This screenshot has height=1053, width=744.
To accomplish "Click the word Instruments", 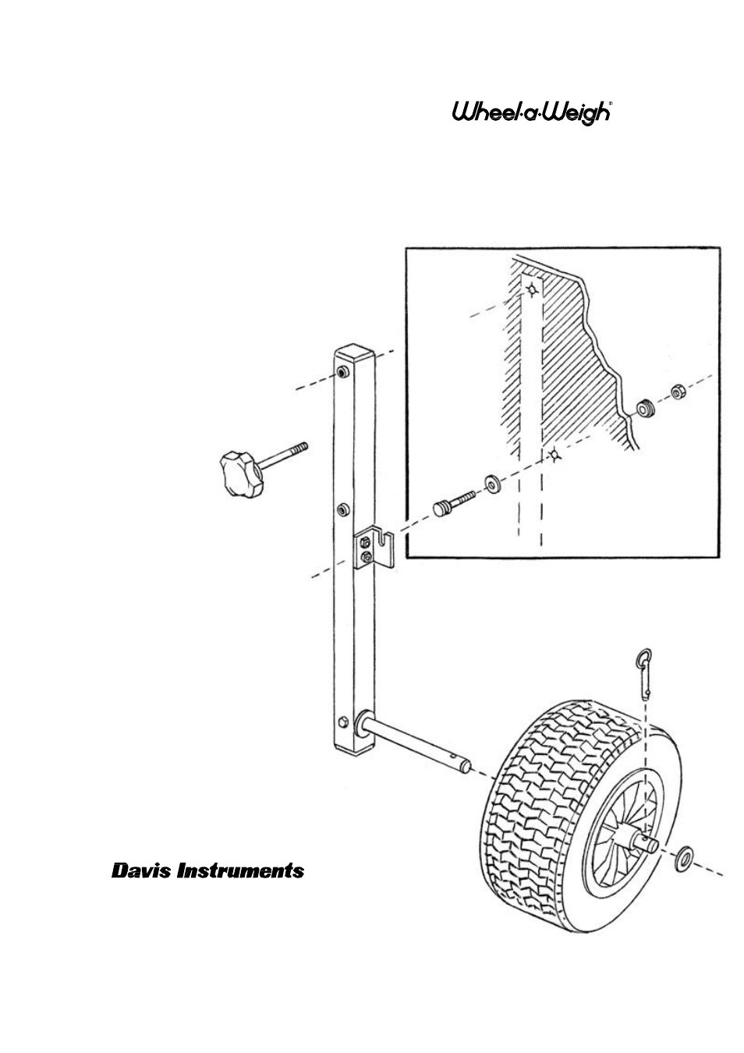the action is click(240, 871).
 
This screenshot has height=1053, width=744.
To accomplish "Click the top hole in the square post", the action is click(342, 373).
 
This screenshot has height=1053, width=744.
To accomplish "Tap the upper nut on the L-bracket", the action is click(365, 544).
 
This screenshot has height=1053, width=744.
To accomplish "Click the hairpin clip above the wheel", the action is click(645, 672).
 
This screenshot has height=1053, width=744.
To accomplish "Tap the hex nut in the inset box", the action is click(677, 391).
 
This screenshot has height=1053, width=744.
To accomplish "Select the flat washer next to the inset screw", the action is click(491, 484).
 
